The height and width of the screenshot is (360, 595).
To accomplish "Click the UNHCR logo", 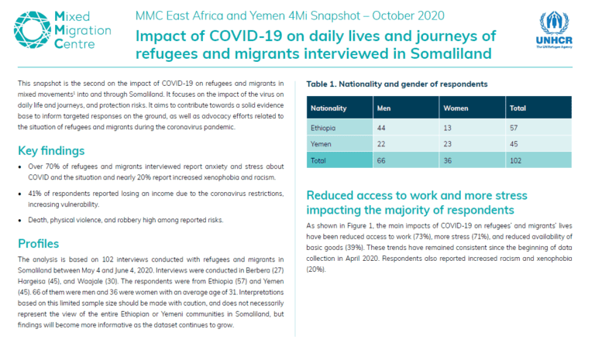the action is [554, 30].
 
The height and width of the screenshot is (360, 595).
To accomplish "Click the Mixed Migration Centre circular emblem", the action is [33, 30].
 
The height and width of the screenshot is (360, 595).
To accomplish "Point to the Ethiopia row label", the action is [323, 128].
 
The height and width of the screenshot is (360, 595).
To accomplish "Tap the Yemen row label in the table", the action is [321, 144].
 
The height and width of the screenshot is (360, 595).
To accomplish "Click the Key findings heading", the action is [51, 151].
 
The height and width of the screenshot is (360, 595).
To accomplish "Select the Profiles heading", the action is [38, 244].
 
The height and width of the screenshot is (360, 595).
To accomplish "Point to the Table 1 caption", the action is [397, 84].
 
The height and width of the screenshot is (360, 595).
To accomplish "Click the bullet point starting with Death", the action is [126, 220].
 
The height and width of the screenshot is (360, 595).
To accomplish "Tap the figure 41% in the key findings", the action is [35, 194].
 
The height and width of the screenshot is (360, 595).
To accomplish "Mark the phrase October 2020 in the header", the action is [408, 16].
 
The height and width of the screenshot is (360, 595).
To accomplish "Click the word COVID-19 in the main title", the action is [246, 36].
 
